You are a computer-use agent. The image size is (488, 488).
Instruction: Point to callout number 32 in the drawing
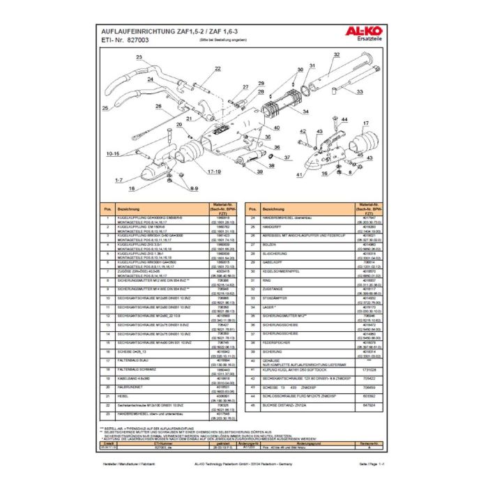(x=337, y=54)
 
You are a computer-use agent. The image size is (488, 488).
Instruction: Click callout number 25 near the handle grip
(x=105, y=109)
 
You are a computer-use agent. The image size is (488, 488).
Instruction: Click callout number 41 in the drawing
(x=299, y=174)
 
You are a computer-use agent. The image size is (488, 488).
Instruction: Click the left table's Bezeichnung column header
(x=129, y=208)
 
